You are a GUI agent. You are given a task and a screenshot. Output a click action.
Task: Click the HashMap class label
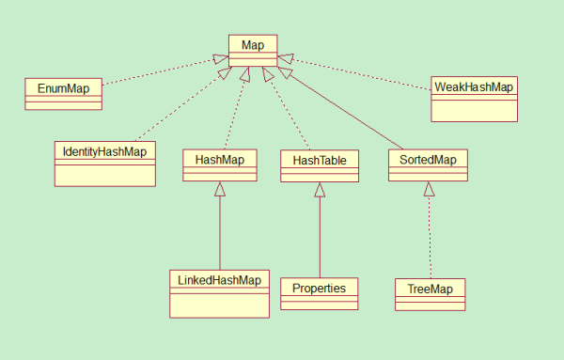click(219, 160)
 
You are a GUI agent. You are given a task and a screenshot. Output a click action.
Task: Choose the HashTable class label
click(320, 161)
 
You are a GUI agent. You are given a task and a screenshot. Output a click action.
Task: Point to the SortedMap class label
click(428, 160)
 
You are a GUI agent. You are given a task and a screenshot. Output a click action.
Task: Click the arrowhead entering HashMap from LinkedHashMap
click(219, 189)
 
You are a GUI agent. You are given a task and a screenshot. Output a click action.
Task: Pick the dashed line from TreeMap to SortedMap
click(430, 240)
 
